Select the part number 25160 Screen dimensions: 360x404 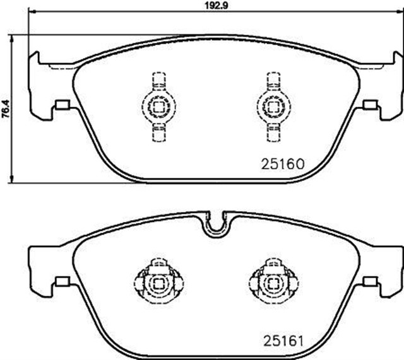coord(283,163)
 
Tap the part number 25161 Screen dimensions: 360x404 coord(283,341)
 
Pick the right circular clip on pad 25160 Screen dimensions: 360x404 coord(273,106)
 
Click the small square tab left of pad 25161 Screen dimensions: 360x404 coord(62,282)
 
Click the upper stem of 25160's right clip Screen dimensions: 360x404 coord(273,81)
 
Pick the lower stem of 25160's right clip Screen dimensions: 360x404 coord(273,132)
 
